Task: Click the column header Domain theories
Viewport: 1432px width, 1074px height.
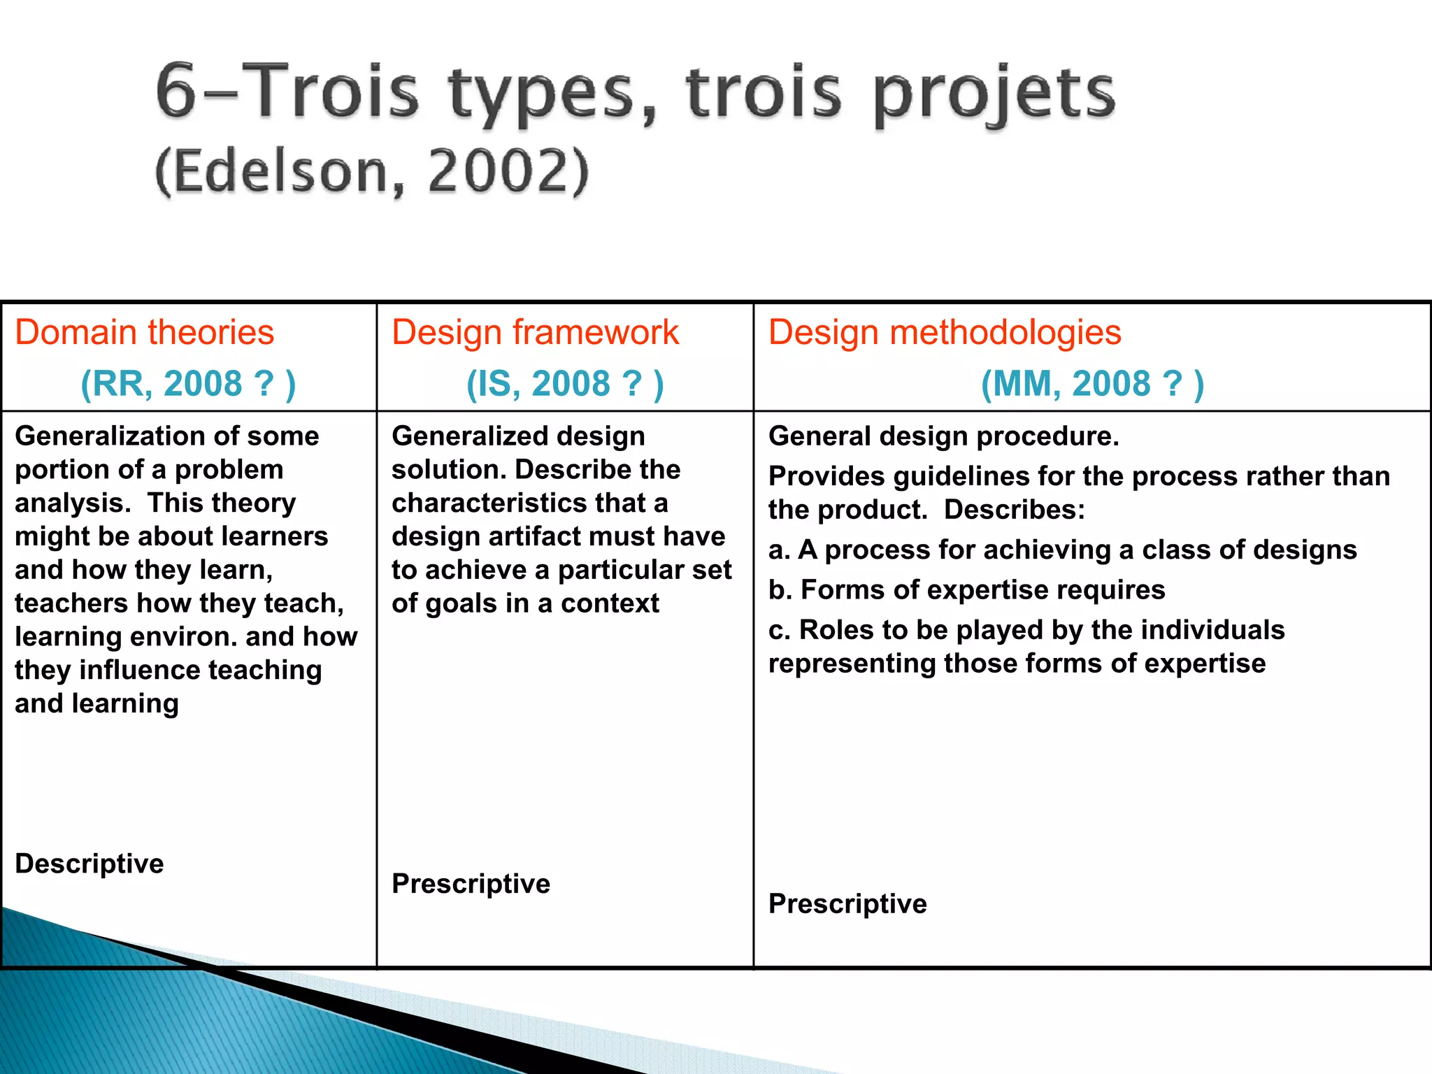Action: click(144, 332)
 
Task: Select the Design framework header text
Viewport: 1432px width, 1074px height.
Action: click(535, 332)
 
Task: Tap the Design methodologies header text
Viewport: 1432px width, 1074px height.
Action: click(945, 332)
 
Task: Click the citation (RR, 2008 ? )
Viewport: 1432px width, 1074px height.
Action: click(188, 384)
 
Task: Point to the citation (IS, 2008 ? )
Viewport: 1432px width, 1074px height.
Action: click(565, 384)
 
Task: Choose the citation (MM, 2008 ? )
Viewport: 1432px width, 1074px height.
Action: click(1092, 384)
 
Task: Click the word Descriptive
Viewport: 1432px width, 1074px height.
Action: click(89, 864)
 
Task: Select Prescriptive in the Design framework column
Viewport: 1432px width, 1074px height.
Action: click(471, 884)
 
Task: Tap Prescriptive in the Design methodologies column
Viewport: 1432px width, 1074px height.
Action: click(847, 904)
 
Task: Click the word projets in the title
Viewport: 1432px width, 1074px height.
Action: click(994, 94)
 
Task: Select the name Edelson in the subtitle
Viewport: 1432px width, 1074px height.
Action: click(280, 171)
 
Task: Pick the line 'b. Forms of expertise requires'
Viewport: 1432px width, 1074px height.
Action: click(966, 590)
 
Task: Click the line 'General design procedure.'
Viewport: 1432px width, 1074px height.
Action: click(943, 436)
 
